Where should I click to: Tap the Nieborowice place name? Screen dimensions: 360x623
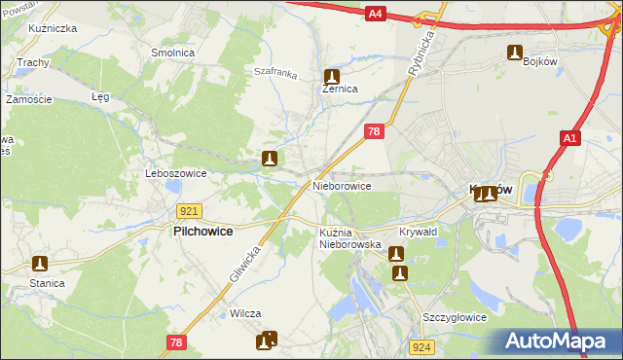pyautogui.click(x=342, y=185)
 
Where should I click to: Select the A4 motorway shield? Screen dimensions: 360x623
pyautogui.click(x=377, y=13)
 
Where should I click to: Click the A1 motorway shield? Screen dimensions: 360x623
pyautogui.click(x=570, y=140)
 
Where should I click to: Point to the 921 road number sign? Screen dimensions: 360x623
pyautogui.click(x=190, y=210)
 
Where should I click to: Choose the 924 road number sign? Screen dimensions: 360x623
pyautogui.click(x=421, y=346)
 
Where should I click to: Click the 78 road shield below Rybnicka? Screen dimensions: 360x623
pyautogui.click(x=374, y=130)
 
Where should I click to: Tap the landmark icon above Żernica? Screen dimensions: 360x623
pyautogui.click(x=332, y=75)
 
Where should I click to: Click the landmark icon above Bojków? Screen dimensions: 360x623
pyautogui.click(x=514, y=53)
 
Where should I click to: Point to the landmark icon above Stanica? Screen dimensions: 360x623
pyautogui.click(x=40, y=263)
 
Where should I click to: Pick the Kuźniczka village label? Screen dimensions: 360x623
pyautogui.click(x=54, y=29)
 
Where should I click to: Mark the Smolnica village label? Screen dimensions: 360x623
pyautogui.click(x=172, y=53)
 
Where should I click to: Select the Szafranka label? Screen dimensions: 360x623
pyautogui.click(x=274, y=71)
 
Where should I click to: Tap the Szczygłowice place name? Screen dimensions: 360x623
pyautogui.click(x=455, y=317)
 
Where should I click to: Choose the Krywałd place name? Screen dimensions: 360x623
pyautogui.click(x=419, y=233)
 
